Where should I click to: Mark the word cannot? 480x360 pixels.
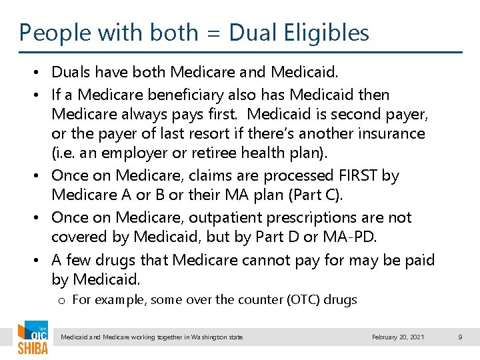tap(261, 259)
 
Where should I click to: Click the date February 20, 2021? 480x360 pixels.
tap(398, 337)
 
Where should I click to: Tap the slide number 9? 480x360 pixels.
tap(460, 337)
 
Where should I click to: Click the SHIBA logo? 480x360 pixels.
tap(32, 339)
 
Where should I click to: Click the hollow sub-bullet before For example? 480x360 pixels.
tap(61, 301)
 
